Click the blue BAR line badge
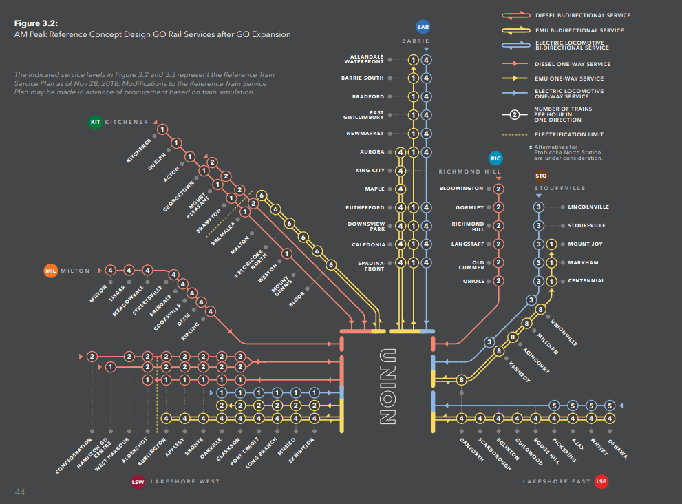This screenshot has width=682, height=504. (x=423, y=28)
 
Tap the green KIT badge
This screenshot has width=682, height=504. (x=96, y=122)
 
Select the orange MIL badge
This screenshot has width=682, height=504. (x=50, y=271)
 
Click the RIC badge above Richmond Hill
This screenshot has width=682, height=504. (x=496, y=158)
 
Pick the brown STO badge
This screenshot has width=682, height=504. (x=542, y=176)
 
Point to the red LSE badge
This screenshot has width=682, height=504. (x=601, y=481)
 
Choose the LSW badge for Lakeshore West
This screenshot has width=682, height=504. (x=138, y=481)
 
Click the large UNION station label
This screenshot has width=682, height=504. (x=387, y=386)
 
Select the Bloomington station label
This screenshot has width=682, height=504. (x=462, y=189)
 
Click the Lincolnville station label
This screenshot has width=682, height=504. (x=588, y=207)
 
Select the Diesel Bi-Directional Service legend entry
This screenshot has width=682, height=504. (x=582, y=15)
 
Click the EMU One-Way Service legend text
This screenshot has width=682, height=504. (x=569, y=78)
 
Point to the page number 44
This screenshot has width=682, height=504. (x=20, y=491)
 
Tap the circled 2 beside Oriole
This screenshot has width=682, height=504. (x=498, y=281)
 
